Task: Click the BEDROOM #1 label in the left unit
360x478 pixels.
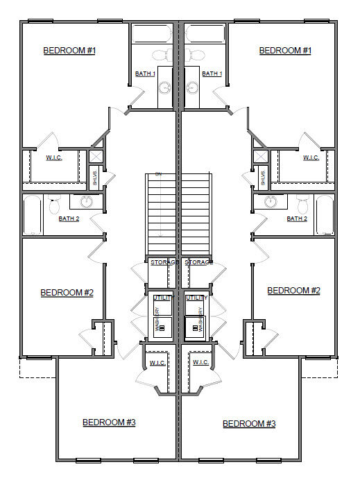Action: [69, 51]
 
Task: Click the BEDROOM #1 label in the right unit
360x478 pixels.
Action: [285, 51]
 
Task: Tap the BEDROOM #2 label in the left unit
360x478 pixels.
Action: [67, 292]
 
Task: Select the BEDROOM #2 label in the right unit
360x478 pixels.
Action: [293, 291]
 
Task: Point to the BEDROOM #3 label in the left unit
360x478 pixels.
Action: [109, 422]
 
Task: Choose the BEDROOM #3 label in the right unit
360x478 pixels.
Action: [249, 423]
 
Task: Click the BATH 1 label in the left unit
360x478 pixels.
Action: [145, 74]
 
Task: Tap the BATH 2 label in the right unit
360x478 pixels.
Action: [297, 219]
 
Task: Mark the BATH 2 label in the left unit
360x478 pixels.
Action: [69, 219]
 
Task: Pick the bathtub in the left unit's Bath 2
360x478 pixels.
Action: [33, 215]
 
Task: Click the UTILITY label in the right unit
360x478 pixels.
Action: [196, 298]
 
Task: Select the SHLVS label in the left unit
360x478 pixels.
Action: [96, 178]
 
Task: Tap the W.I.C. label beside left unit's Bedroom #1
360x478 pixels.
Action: [54, 157]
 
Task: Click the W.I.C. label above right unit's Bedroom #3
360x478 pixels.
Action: [201, 362]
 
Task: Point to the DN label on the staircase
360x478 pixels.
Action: [158, 173]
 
